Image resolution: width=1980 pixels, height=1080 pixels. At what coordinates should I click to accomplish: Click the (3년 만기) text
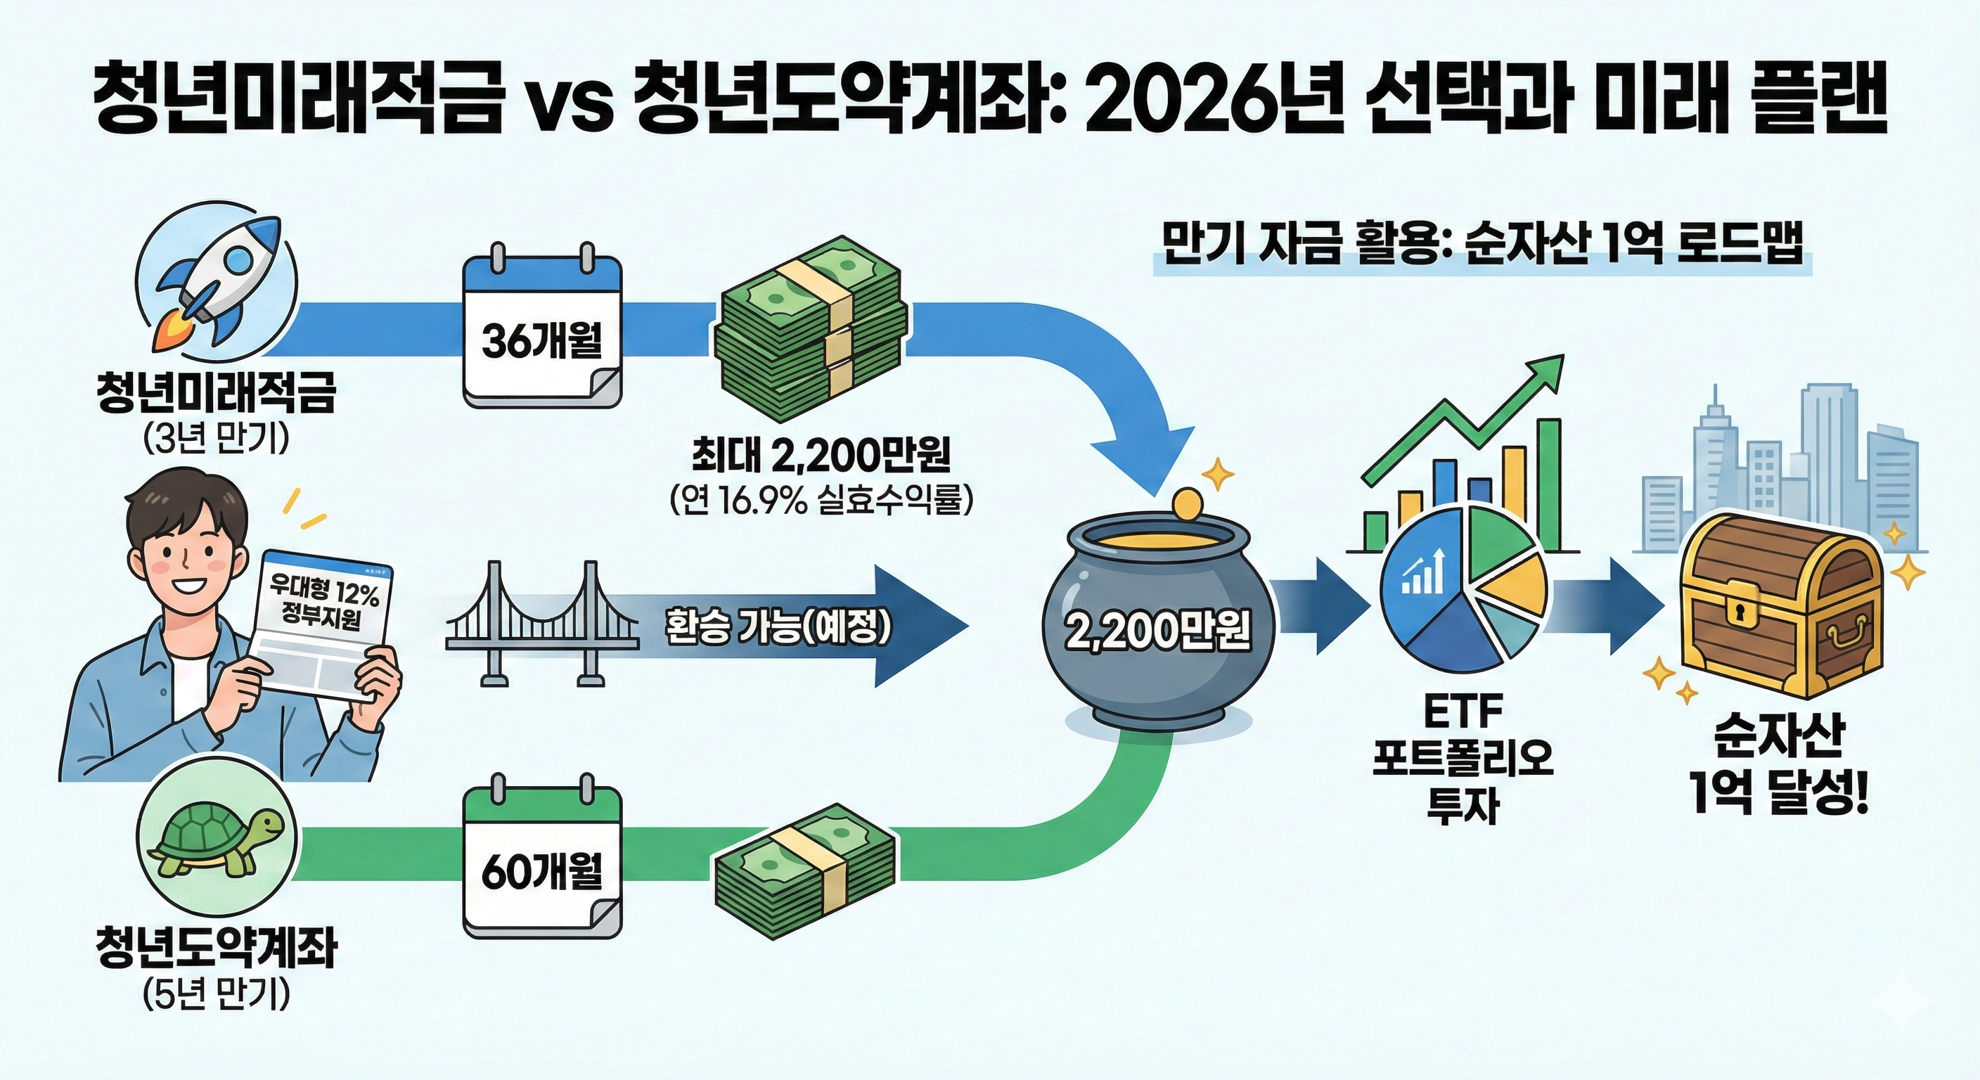[x=216, y=439]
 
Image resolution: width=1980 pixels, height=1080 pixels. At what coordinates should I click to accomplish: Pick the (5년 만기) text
[x=216, y=996]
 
